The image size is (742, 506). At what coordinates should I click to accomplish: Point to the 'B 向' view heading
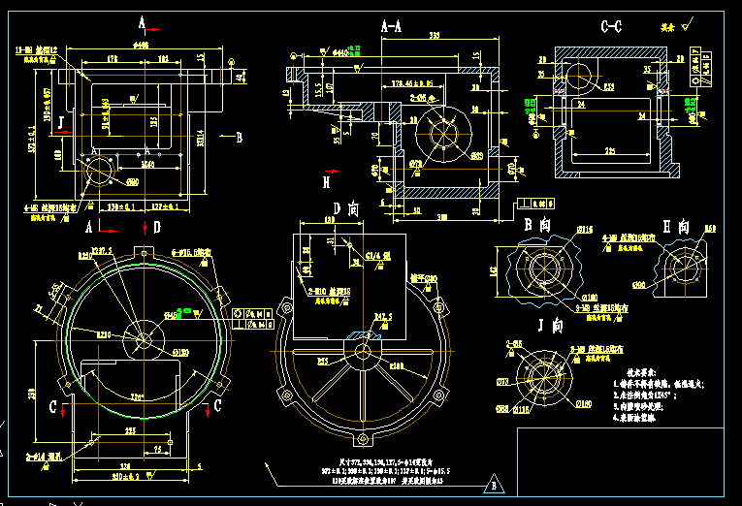pos(537,225)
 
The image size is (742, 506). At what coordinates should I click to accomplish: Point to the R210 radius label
pos(128,333)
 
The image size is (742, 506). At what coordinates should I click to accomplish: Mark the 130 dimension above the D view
pos(329,222)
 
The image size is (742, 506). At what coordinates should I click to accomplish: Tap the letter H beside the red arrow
pos(327,181)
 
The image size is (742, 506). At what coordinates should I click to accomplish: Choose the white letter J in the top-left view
pos(61,121)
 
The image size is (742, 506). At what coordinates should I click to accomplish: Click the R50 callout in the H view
pos(709,229)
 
